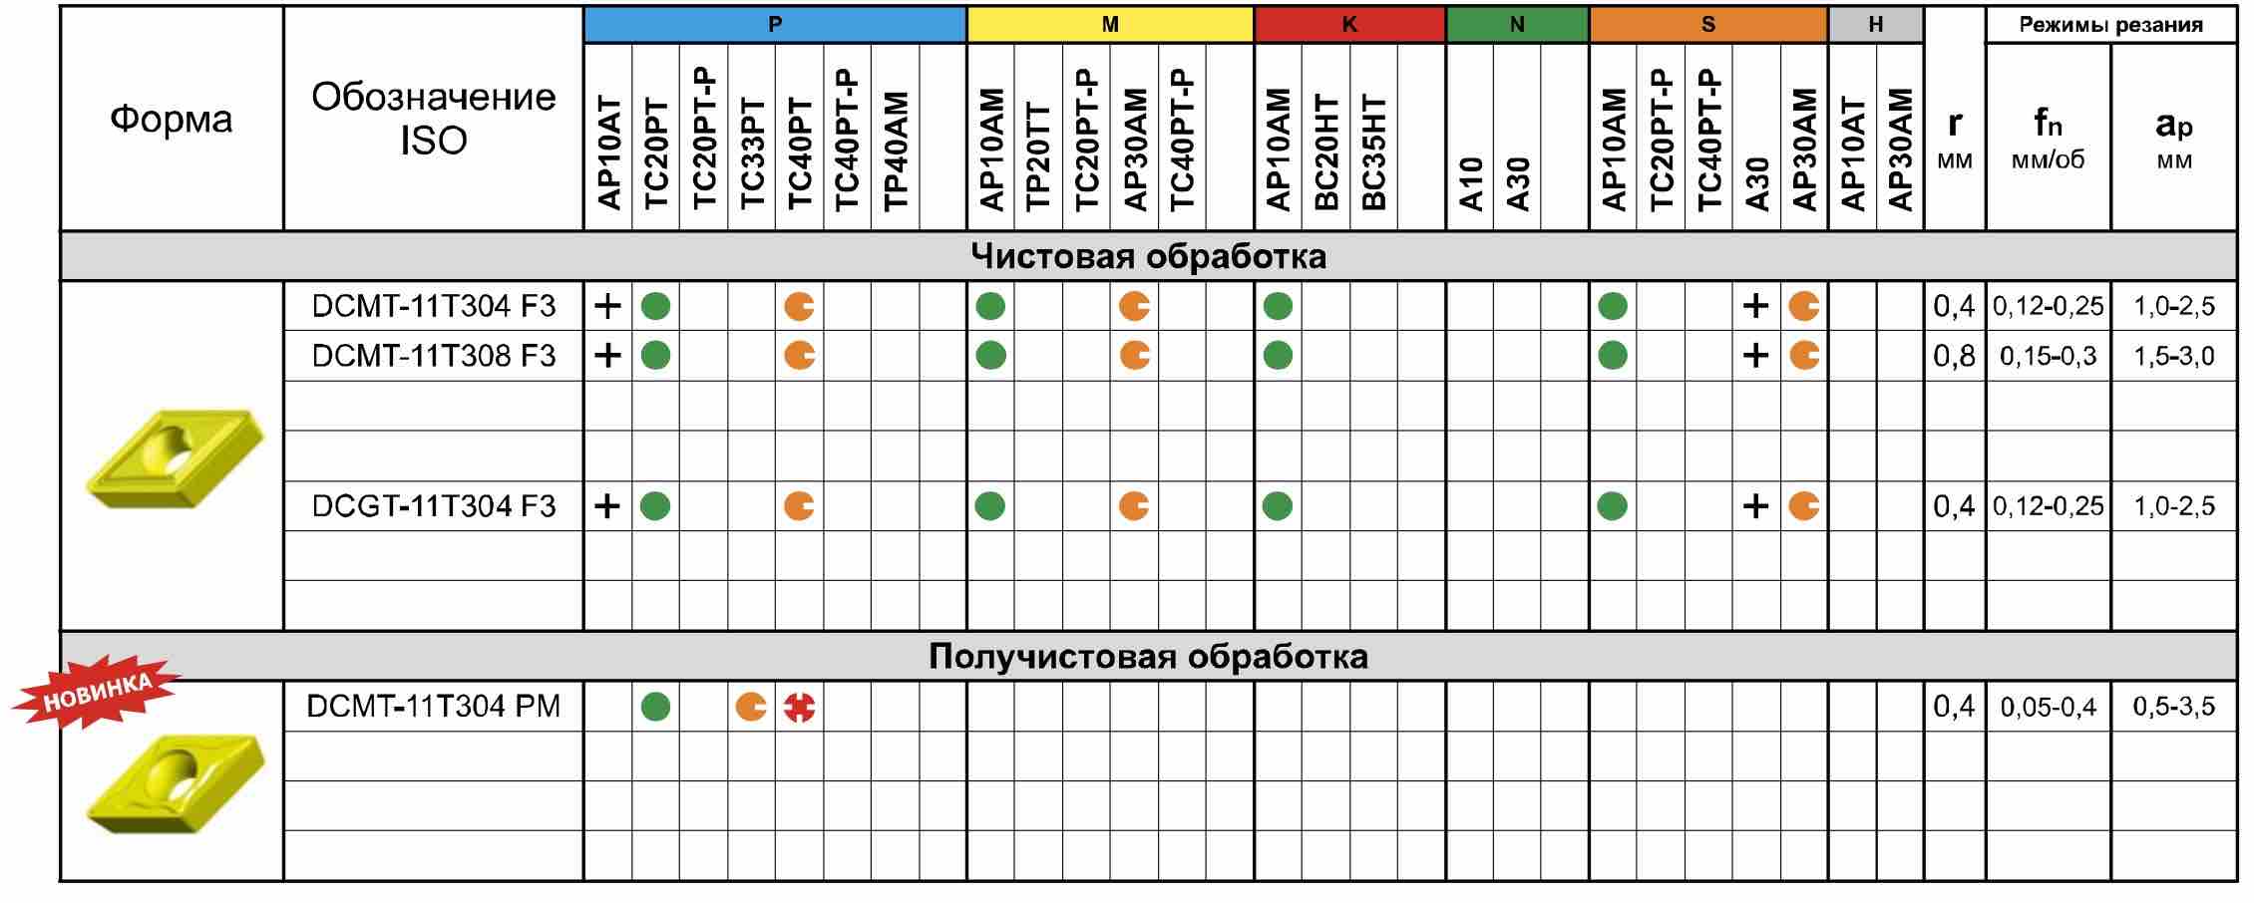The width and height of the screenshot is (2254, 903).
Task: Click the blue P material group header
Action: [775, 25]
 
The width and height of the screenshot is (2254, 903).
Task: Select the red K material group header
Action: [1349, 25]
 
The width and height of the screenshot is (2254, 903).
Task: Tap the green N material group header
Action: [1517, 25]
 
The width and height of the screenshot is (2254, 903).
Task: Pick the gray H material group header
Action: [1875, 25]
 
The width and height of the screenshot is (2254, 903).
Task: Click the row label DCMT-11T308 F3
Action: [433, 356]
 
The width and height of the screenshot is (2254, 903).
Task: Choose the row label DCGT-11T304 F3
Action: [433, 506]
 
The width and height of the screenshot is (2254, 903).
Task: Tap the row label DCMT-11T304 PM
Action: [433, 707]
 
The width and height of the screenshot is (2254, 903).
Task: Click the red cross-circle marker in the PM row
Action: [799, 707]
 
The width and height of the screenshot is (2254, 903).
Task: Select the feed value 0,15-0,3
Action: [2048, 357]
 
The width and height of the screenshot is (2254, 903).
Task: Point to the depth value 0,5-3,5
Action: [2173, 707]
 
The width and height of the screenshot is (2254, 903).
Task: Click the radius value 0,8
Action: [1954, 356]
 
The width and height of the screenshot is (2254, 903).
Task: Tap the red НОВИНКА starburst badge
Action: [97, 692]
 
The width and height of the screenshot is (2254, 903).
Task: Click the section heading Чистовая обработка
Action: [1148, 257]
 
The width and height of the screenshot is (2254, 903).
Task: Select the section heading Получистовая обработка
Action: [1148, 657]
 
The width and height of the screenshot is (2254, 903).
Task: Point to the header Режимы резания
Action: [2110, 25]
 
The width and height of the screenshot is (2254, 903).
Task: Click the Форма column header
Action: [172, 120]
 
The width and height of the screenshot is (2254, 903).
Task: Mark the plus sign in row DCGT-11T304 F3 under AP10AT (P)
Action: [607, 506]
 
